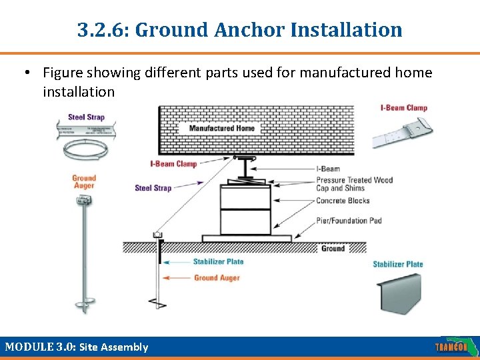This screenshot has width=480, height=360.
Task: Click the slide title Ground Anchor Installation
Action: pyautogui.click(x=240, y=30)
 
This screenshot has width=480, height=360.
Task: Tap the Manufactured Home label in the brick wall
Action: pyautogui.click(x=221, y=128)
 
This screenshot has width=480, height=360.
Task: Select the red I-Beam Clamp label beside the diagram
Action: pyautogui.click(x=173, y=163)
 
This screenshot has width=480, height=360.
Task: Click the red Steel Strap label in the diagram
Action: pyautogui.click(x=153, y=188)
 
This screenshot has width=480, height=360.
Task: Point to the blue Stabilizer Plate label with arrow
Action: pyautogui.click(x=218, y=262)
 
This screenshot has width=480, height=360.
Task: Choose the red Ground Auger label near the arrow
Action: pyautogui.click(x=217, y=277)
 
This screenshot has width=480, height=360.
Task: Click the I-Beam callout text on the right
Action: pyautogui.click(x=328, y=169)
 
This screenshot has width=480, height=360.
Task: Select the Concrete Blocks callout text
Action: pyautogui.click(x=343, y=201)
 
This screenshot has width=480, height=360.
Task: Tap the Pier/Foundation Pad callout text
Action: pyautogui.click(x=349, y=221)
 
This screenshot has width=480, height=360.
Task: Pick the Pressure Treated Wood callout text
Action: pyautogui.click(x=354, y=180)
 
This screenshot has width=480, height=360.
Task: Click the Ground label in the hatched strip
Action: pyautogui.click(x=333, y=248)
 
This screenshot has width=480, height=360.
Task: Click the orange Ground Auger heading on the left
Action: pyautogui.click(x=84, y=181)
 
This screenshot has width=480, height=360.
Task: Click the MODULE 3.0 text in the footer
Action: pyautogui.click(x=77, y=347)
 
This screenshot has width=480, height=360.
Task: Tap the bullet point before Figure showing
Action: pyautogui.click(x=31, y=73)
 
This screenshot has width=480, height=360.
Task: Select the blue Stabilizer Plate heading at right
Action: pyautogui.click(x=397, y=264)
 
